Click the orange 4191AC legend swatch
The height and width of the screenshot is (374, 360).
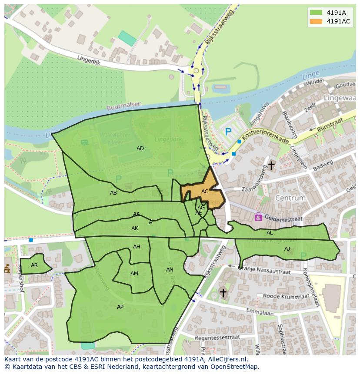pos(317,22)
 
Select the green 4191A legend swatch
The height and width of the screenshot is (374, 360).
pos(317,12)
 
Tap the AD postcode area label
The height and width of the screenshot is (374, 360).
pos(140,149)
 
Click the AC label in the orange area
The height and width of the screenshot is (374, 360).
pos(205,192)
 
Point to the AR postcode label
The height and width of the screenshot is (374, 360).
pos(34,265)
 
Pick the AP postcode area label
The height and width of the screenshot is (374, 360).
pos(120,307)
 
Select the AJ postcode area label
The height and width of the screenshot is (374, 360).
pos(287,249)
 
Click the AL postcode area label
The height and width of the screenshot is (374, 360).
pos(270,233)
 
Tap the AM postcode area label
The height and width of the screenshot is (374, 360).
pos(134,274)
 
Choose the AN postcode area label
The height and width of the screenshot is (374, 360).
pos(170,270)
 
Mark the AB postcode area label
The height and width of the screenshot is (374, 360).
pos(113,193)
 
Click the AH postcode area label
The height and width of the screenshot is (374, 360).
pos(137,247)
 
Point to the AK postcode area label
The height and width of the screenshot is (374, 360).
pos(135,228)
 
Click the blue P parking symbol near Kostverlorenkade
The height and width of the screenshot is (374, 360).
pos(228,131)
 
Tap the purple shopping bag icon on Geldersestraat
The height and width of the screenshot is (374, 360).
pos(258,216)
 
